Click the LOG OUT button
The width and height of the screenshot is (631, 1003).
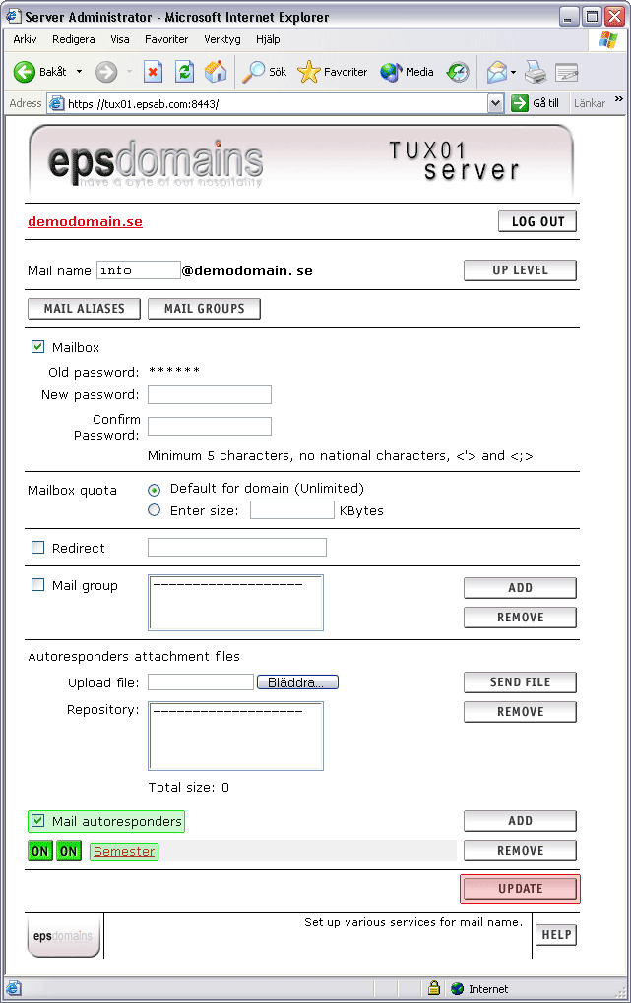coord(537,221)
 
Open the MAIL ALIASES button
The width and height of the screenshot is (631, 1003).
coord(84,309)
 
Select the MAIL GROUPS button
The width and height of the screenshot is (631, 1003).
coord(204,309)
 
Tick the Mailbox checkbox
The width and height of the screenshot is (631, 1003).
coord(38,347)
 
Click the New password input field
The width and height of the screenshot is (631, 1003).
coord(209,395)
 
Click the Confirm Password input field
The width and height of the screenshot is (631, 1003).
coord(209,427)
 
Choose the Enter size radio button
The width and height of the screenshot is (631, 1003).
coord(154,510)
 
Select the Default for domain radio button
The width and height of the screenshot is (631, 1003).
coord(154,489)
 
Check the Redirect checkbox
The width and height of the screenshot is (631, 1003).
coord(38,548)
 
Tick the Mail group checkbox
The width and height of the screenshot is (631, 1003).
coord(38,585)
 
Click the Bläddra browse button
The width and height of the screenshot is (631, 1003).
coord(297,682)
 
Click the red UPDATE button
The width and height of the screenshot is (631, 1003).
coord(520,889)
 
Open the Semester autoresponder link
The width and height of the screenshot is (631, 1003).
coord(124,852)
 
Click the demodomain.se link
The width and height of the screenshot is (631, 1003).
coord(85,222)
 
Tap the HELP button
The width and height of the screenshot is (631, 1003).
coord(556,935)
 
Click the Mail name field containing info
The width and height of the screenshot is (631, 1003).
coord(138,270)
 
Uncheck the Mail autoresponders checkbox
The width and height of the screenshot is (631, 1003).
coord(38,821)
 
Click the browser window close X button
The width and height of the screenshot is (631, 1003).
coord(615,17)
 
